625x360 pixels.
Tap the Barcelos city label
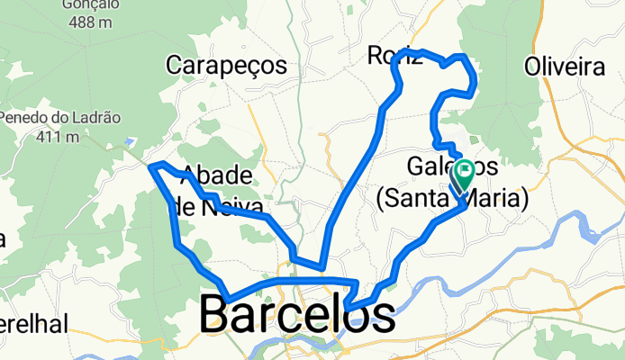(x=296, y=315)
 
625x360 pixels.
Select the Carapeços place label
(x=226, y=65)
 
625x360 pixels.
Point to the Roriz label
(x=394, y=57)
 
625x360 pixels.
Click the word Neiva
(x=224, y=205)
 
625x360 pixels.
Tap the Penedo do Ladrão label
(x=59, y=118)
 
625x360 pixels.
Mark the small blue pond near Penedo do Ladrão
(x=131, y=140)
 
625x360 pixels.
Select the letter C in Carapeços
(x=176, y=65)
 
